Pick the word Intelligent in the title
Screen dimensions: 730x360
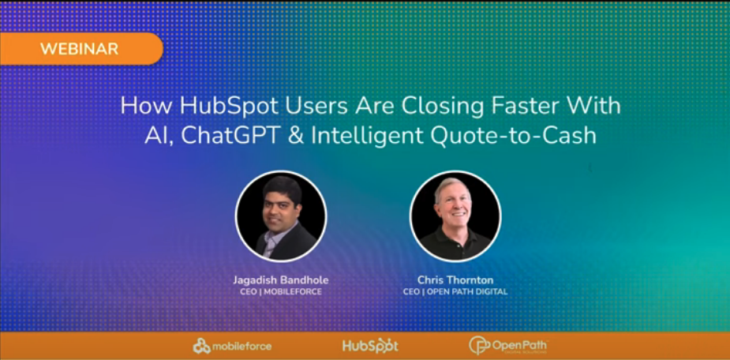tap(368, 137)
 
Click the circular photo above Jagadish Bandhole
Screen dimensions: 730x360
tap(281, 216)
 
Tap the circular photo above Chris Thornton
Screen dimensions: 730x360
tap(455, 216)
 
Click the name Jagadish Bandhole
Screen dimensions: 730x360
tap(281, 281)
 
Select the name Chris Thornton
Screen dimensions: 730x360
tap(455, 281)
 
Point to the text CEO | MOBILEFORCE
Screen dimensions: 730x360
tap(281, 292)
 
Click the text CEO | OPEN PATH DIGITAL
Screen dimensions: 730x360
tap(455, 292)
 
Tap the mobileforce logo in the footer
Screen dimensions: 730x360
tap(232, 346)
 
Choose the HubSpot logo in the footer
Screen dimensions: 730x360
tap(370, 346)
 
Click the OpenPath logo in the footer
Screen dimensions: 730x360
tap(508, 346)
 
